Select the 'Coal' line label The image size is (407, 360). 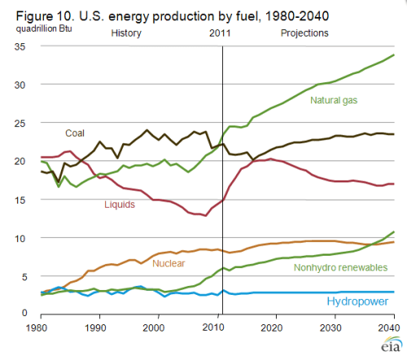(76, 132)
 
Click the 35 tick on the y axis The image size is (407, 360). (24, 46)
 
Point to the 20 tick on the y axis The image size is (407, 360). (24, 161)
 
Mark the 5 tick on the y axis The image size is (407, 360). (27, 276)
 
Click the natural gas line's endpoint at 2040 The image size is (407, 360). (395, 55)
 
